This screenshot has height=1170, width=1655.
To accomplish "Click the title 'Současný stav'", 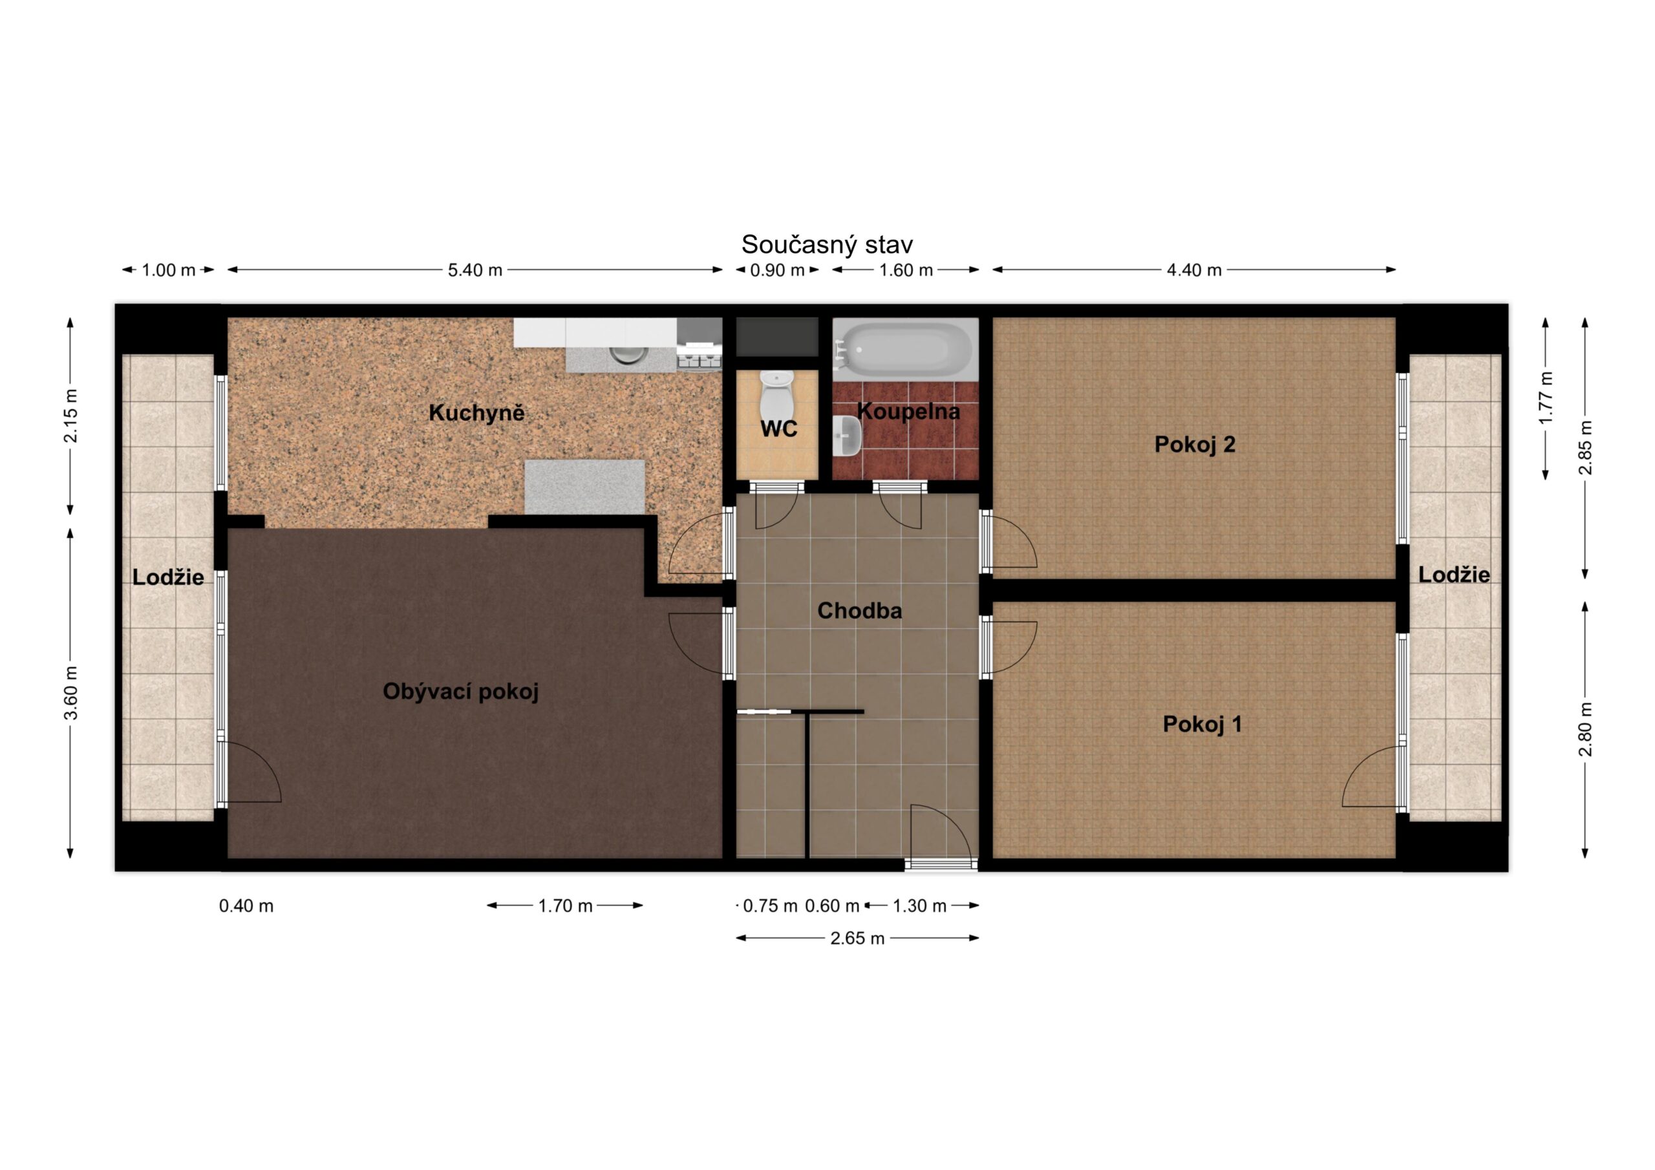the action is pyautogui.click(x=827, y=245).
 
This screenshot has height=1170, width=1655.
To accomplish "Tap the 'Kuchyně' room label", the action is pyautogui.click(x=476, y=413).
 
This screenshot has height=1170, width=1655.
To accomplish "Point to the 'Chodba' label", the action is pyautogui.click(x=859, y=611).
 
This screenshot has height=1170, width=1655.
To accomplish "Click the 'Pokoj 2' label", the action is pyautogui.click(x=1195, y=444).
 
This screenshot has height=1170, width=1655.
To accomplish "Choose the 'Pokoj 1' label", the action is pyautogui.click(x=1202, y=724).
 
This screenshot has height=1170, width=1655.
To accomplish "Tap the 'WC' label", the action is pyautogui.click(x=778, y=429).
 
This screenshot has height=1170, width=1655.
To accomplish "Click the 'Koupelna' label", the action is pyautogui.click(x=908, y=412).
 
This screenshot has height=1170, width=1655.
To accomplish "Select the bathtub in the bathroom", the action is pyautogui.click(x=905, y=349).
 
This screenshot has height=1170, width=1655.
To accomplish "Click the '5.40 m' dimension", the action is pyautogui.click(x=475, y=270).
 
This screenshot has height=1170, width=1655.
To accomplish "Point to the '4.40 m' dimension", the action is pyautogui.click(x=1195, y=270).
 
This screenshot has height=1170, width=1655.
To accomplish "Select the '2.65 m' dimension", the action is pyautogui.click(x=857, y=938).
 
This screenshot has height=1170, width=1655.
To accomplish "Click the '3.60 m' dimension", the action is pyautogui.click(x=70, y=693).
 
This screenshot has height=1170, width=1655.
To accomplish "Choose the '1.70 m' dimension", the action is pyautogui.click(x=565, y=906).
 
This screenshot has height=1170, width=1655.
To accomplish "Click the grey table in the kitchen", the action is pyautogui.click(x=584, y=487).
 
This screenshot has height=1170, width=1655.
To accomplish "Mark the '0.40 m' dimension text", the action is pyautogui.click(x=246, y=906).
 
